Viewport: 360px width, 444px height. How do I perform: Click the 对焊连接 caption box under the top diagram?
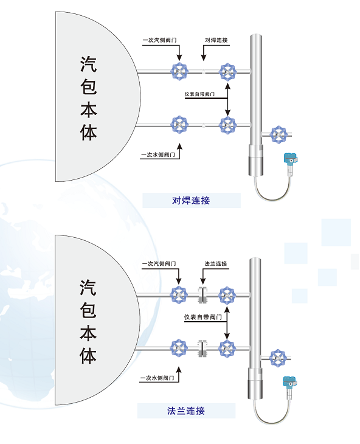tap(192, 201)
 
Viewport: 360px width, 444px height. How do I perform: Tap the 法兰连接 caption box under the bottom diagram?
tap(186, 411)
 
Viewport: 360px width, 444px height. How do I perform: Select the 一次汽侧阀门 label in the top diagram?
tap(159, 40)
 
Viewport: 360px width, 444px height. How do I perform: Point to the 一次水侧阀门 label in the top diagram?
tap(158, 154)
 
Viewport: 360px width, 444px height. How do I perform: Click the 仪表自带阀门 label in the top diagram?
tap(199, 94)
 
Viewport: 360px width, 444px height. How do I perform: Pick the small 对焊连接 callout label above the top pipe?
tap(216, 40)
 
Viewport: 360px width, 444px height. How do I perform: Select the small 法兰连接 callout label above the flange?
tap(216, 263)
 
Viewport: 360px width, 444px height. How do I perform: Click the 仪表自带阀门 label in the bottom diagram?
tap(202, 317)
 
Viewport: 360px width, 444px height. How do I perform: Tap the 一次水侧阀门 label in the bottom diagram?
tap(157, 378)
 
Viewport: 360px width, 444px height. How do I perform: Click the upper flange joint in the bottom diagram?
tap(202, 295)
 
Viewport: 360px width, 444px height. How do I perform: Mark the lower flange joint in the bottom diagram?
tap(202, 349)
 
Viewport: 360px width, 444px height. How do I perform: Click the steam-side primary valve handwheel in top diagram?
tap(179, 71)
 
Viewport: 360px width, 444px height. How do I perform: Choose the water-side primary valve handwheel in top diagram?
tap(179, 125)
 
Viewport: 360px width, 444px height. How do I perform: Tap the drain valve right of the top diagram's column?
tap(279, 135)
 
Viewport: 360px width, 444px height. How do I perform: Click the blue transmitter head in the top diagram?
tap(291, 159)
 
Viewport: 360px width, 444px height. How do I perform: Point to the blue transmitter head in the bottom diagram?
tap(290, 382)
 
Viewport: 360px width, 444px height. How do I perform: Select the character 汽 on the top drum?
tap(88, 64)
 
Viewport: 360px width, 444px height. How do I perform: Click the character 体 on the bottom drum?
tap(88, 356)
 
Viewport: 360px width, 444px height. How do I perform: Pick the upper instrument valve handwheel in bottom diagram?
tap(227, 296)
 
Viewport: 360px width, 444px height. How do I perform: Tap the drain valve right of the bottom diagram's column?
tap(278, 358)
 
